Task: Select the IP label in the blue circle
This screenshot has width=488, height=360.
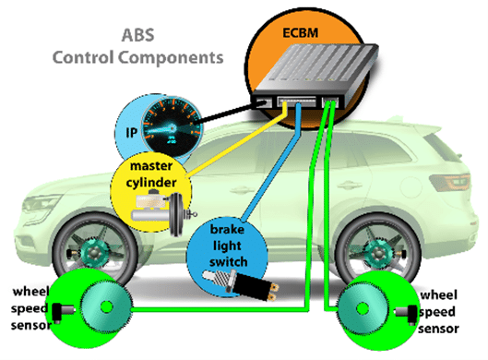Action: [x=131, y=131]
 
